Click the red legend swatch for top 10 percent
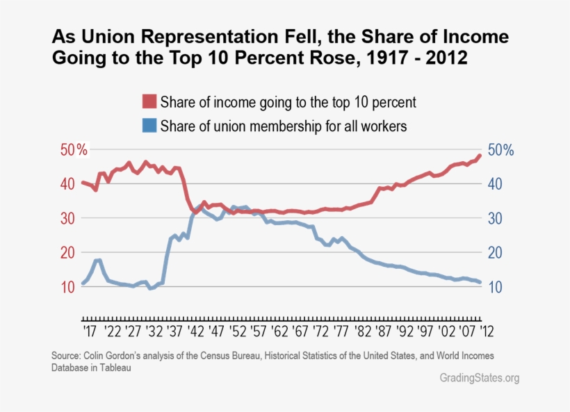pos(149,101)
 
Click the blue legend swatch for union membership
pos(149,126)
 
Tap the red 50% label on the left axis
pos(73,150)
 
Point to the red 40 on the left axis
pos(67,184)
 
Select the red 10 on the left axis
pos(67,287)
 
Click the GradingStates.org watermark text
pos(479,379)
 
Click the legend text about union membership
pos(283,126)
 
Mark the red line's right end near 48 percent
pos(479,156)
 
